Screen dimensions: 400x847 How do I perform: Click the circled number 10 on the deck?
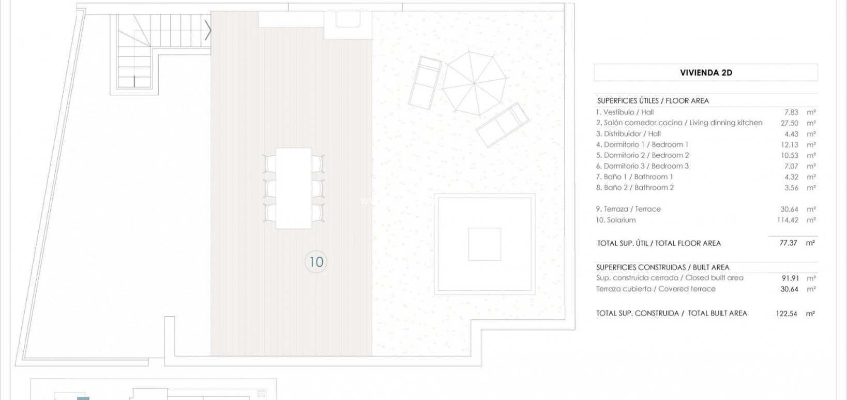click(x=315, y=262)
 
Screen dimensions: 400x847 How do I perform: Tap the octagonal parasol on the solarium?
click(x=474, y=83)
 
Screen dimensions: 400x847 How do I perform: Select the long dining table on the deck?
click(x=294, y=188)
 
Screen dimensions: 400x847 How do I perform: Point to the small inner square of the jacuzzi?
click(x=485, y=244)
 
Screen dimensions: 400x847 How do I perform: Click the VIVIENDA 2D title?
click(x=706, y=73)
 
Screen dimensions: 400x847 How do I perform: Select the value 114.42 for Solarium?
click(x=788, y=220)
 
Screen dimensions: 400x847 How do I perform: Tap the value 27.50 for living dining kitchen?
click(x=789, y=123)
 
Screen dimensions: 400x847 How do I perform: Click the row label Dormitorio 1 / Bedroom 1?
click(x=642, y=144)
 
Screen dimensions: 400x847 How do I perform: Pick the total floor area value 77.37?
click(x=789, y=243)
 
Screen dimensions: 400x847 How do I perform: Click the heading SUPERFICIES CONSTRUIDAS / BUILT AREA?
click(x=662, y=268)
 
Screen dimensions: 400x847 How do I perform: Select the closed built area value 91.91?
click(x=790, y=278)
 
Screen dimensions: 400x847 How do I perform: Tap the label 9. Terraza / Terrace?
click(x=628, y=209)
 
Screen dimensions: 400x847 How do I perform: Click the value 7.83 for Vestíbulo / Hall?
click(x=791, y=112)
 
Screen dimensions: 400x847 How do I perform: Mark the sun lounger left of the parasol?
click(x=426, y=82)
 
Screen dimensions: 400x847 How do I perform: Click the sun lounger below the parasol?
click(x=503, y=125)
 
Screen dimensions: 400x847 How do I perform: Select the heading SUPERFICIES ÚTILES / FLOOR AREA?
click(x=653, y=101)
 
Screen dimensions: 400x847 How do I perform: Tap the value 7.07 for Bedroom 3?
click(x=791, y=167)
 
